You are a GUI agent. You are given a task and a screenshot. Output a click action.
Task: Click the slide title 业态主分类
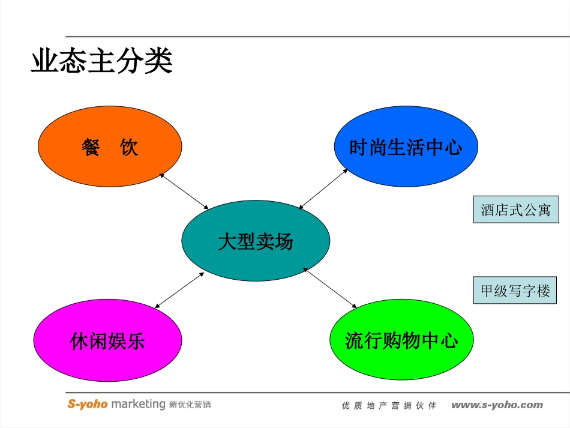101,61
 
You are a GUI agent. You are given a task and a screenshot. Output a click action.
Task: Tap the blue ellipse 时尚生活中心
406,147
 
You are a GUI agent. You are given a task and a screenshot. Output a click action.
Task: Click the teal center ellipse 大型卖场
256,241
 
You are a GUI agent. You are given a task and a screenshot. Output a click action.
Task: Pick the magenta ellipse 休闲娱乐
107,342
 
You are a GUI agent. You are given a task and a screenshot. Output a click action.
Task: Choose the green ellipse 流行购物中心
401,341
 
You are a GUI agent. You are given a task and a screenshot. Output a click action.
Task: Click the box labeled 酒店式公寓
515,210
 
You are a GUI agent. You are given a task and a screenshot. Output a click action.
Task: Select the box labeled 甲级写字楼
515,291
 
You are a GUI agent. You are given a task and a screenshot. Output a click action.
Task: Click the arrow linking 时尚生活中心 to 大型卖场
323,189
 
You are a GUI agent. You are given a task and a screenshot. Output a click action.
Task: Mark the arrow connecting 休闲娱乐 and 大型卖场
179,290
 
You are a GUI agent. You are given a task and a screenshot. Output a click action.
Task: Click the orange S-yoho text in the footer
88,404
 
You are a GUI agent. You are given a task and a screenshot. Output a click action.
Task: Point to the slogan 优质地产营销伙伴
389,406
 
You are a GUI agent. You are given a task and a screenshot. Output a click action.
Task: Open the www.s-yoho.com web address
497,405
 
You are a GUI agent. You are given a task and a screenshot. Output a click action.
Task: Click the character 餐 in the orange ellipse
91,146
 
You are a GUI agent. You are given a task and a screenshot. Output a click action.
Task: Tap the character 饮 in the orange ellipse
129,146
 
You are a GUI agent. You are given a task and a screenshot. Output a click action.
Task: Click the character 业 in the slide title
43,61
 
